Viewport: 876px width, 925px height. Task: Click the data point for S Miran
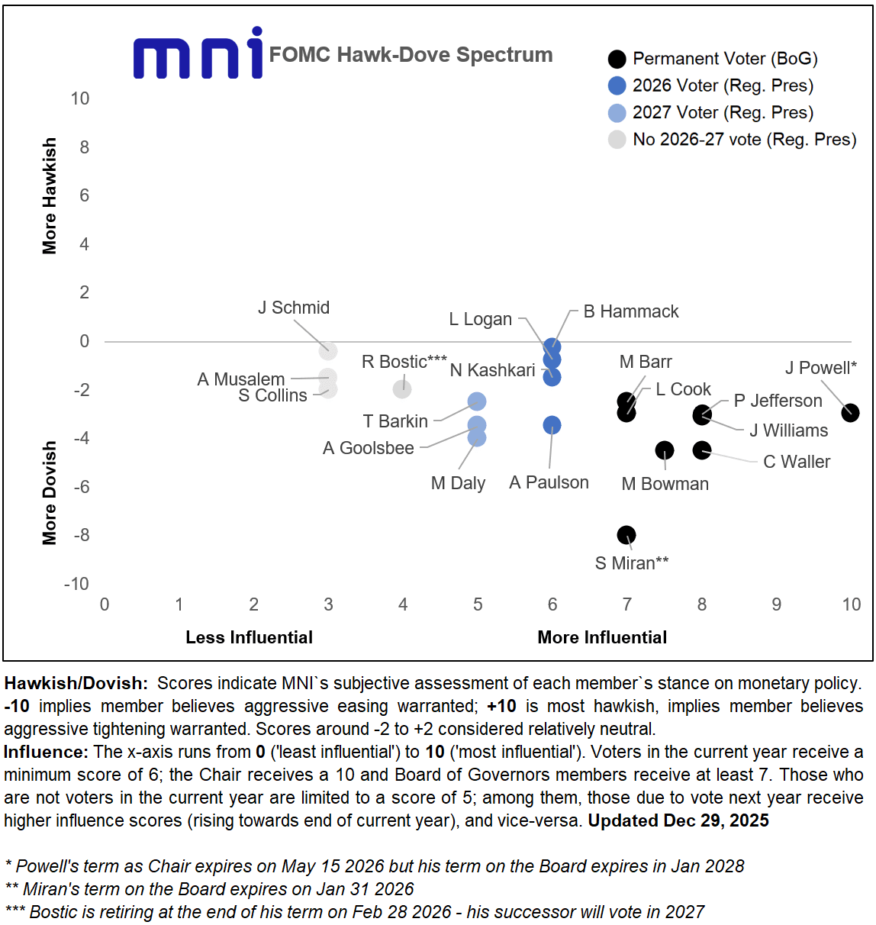coord(626,535)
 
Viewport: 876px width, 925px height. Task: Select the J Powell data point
coord(850,413)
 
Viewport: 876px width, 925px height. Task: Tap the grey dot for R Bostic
coord(402,389)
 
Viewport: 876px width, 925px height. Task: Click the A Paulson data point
coord(552,425)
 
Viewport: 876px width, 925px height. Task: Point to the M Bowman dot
coord(665,450)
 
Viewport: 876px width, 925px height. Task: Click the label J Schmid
coord(294,308)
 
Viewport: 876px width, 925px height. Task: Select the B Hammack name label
coord(631,311)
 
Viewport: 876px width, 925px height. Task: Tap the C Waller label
coord(797,462)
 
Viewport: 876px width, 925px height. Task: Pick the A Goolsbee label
coord(369,448)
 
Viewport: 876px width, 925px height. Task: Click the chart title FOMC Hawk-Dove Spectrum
coord(411,55)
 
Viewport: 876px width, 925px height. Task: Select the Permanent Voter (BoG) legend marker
coord(617,59)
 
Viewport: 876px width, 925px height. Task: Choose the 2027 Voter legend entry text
coord(723,113)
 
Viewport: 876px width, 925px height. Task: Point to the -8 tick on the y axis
coord(81,535)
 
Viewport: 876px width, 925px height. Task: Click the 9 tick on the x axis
coord(776,604)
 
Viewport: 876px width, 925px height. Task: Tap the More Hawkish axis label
coord(50,195)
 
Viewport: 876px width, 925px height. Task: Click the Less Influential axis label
coord(249,637)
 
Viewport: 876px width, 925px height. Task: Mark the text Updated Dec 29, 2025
coord(678,820)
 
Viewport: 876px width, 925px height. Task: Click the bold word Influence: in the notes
coord(46,752)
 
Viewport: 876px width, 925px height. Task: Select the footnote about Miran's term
coord(210,889)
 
